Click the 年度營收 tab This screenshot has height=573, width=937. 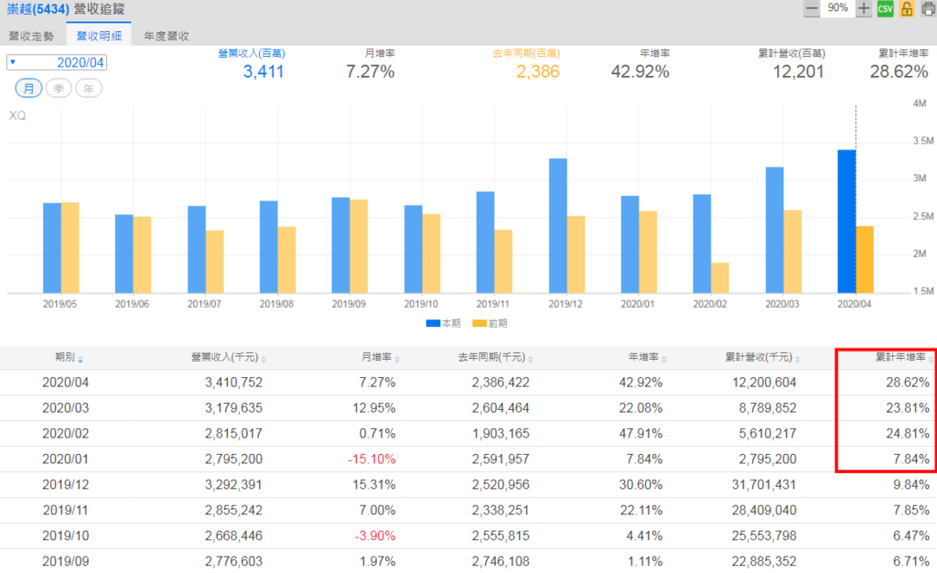point(166,36)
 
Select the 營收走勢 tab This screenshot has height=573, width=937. point(31,36)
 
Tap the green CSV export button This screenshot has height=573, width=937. point(885,8)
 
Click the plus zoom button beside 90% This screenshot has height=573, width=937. point(863,8)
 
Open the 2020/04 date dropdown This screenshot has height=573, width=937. point(57,62)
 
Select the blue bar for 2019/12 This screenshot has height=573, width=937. point(557,225)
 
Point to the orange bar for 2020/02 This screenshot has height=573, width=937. point(720,277)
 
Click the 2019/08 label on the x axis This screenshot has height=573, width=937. point(277,302)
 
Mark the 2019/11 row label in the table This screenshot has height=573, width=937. point(65,510)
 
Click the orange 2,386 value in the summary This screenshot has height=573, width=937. point(537,71)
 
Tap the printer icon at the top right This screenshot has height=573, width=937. point(926,8)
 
